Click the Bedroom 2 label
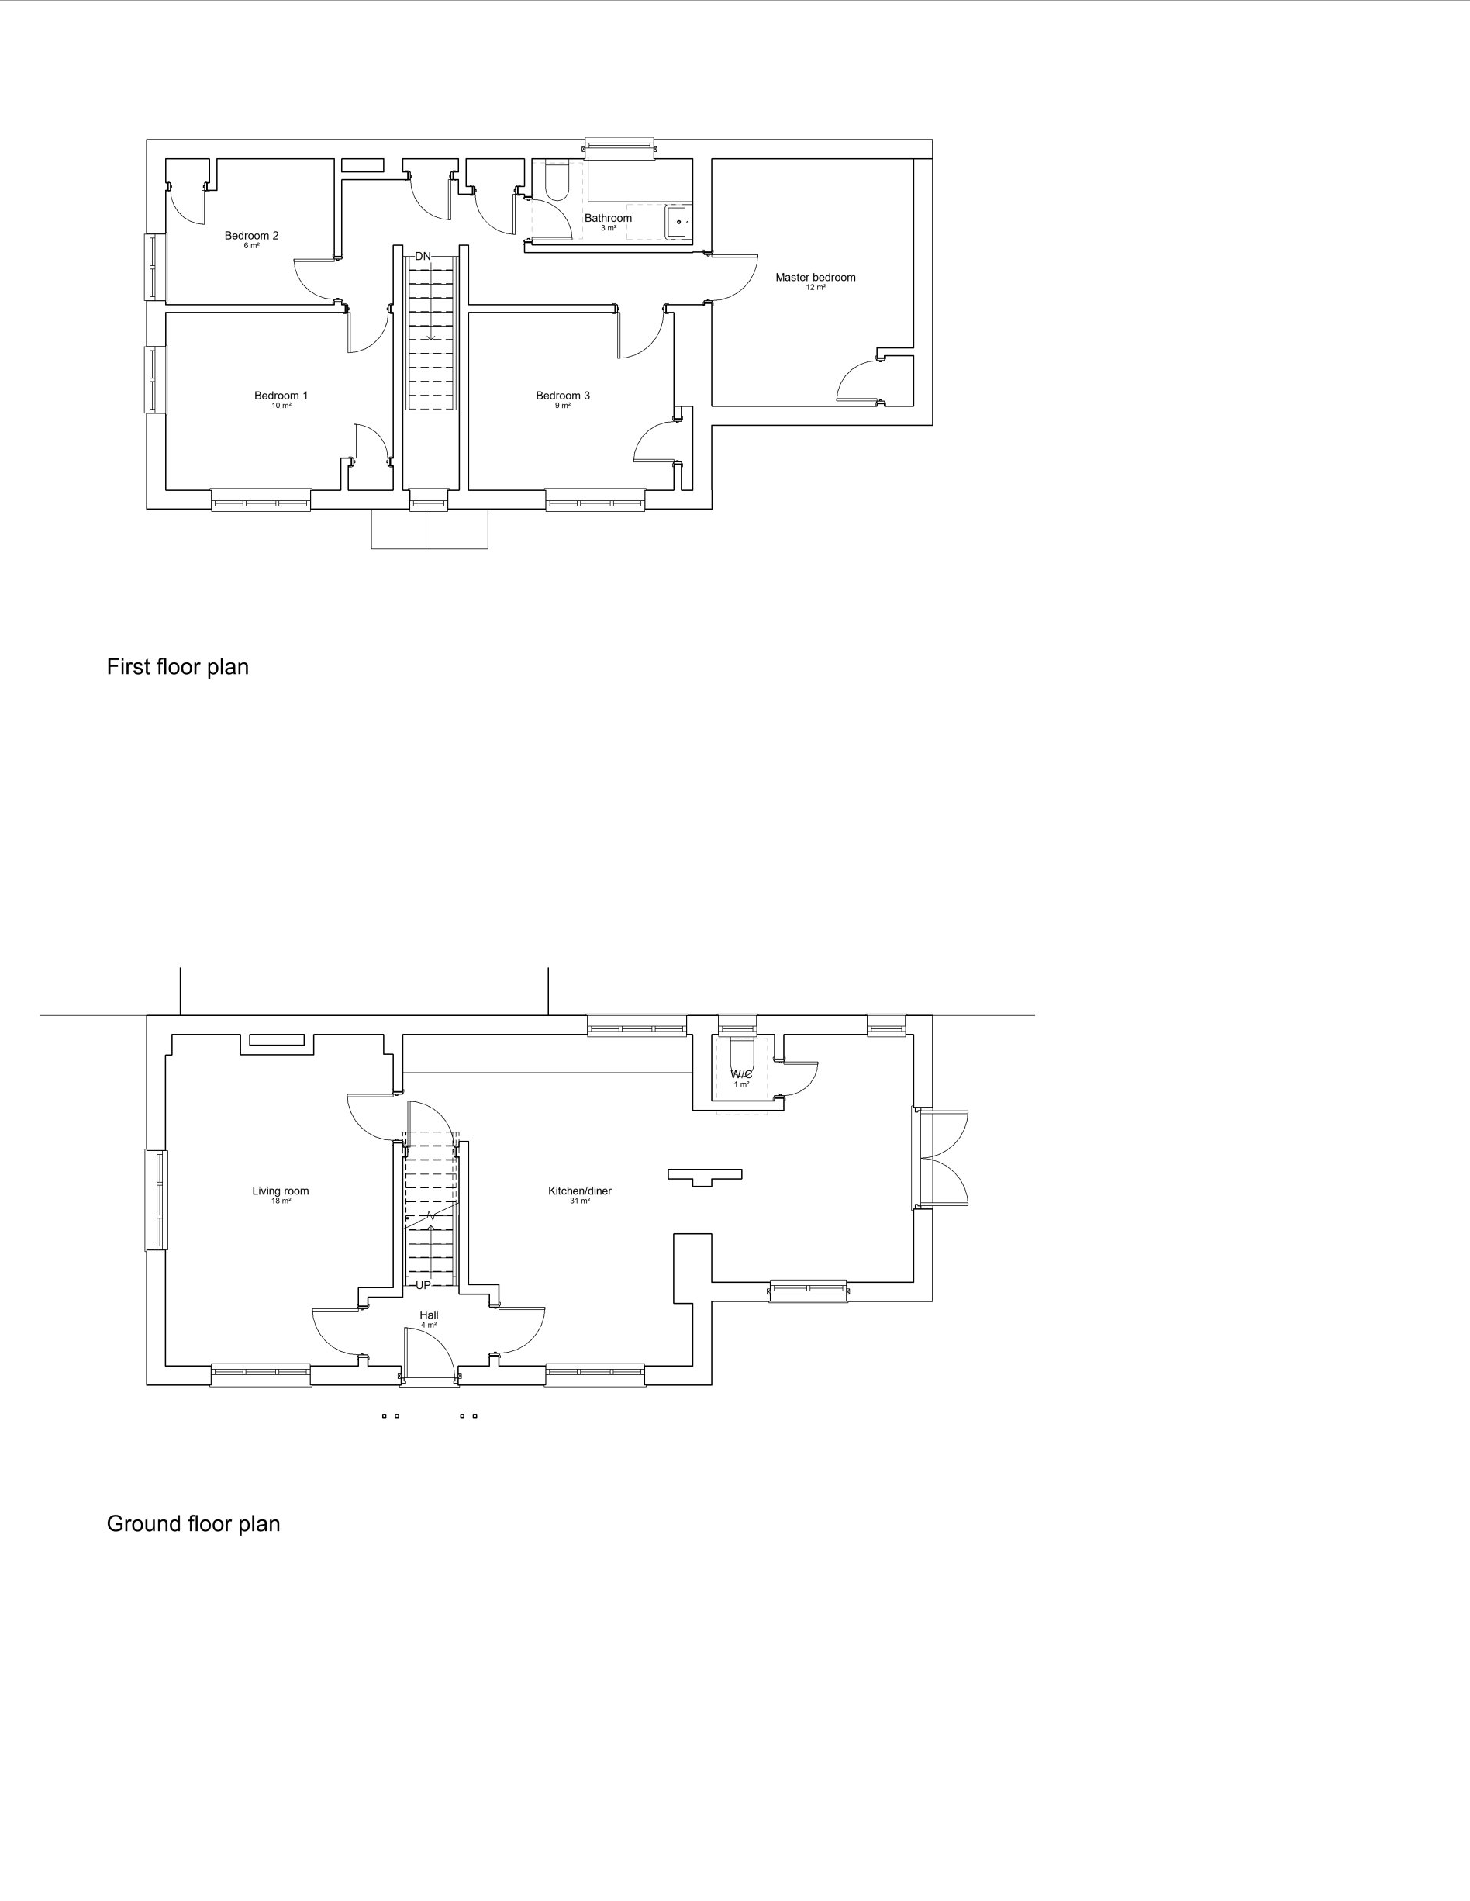(x=251, y=235)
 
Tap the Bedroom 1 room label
(x=281, y=396)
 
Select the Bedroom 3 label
(x=563, y=396)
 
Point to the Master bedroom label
(x=816, y=278)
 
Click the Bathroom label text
(x=609, y=218)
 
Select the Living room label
(x=280, y=1191)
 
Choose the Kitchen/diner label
(x=580, y=1191)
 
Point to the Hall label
(x=429, y=1315)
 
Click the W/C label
(x=741, y=1074)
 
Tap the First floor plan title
(x=178, y=667)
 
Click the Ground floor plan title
(x=193, y=1523)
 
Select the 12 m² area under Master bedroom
(x=816, y=287)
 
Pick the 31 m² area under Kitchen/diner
(x=580, y=1201)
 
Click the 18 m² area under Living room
(x=280, y=1201)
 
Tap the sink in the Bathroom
(x=678, y=222)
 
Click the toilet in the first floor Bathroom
(x=555, y=180)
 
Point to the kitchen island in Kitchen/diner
(x=705, y=1176)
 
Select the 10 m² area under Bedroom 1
(x=281, y=406)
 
